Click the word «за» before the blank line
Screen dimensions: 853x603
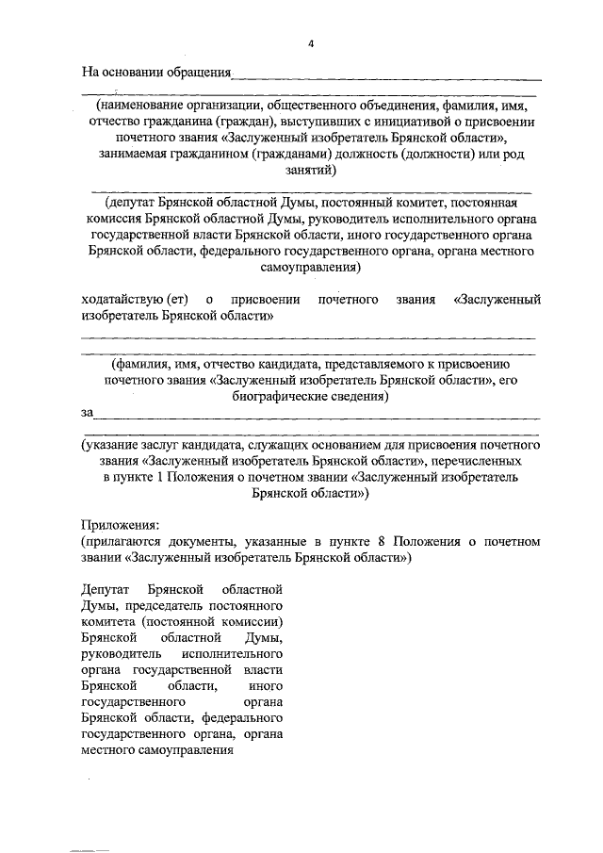coord(88,413)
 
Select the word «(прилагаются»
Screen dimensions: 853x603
coord(126,541)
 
